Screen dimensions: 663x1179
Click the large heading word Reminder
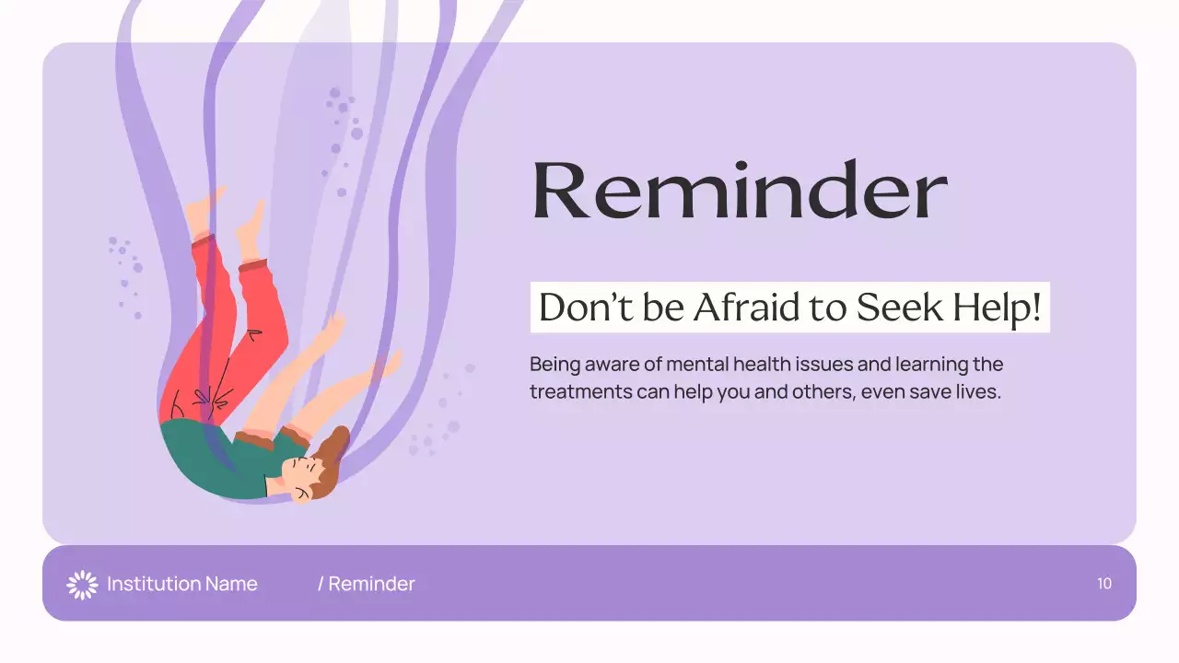[740, 190]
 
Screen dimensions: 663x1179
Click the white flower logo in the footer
[82, 584]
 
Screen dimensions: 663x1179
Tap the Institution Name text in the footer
[181, 584]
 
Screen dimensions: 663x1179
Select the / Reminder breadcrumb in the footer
[367, 584]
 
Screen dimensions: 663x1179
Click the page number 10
[1104, 584]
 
